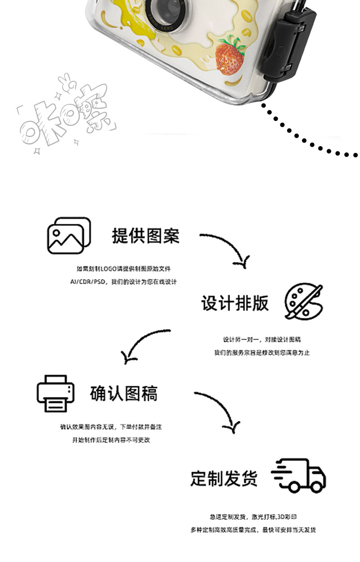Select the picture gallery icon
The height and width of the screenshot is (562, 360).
coord(69,236)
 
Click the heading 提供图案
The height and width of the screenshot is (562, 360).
coord(145,236)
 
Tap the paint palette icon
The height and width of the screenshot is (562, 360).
coord(304,302)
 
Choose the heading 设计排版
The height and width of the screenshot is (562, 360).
coord(234,303)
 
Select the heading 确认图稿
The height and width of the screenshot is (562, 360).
coord(124,393)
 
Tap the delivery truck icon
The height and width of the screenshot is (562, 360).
coord(299,476)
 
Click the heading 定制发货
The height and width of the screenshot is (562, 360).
coord(224,478)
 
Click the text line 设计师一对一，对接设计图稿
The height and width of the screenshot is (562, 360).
coord(262,339)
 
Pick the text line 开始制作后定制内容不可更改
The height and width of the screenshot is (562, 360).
coord(111,440)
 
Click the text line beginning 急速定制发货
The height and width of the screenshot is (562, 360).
coord(253,517)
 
